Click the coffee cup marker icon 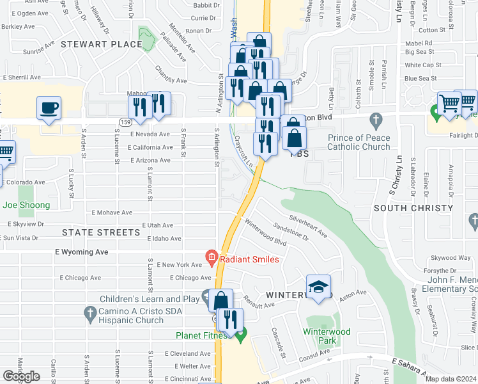[x=49, y=108]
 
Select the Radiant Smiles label [x=249, y=259]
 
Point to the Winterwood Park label [x=327, y=336]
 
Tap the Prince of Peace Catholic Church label [x=358, y=142]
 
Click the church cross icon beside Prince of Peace [x=376, y=120]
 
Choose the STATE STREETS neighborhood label [x=101, y=232]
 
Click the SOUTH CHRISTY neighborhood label [x=413, y=208]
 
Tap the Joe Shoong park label [x=26, y=205]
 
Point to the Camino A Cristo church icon [x=89, y=312]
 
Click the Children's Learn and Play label [x=146, y=299]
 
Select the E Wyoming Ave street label [x=82, y=252]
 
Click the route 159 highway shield [x=124, y=121]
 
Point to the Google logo [x=22, y=376]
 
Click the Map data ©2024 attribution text [x=451, y=379]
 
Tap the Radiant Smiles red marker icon [x=212, y=259]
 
